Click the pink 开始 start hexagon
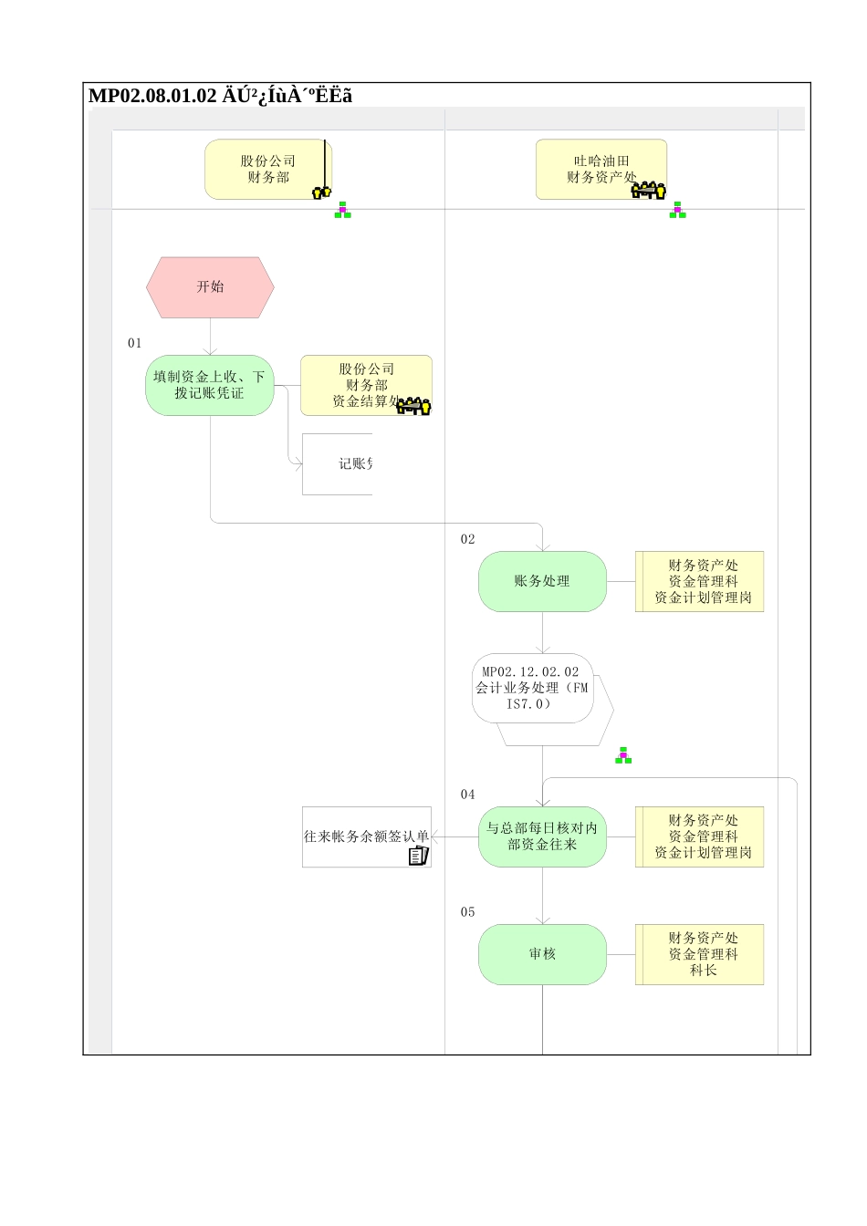[210, 287]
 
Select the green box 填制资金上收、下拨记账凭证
[210, 385]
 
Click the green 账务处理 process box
[542, 581]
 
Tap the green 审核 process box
[542, 954]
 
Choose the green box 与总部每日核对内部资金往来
[542, 836]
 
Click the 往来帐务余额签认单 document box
[366, 836]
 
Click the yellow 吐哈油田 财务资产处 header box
[601, 169]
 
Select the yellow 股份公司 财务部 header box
[267, 169]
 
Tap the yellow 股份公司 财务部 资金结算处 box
[366, 385]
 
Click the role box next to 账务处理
[700, 581]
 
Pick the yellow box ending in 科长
[700, 954]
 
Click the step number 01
[135, 343]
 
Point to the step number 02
[468, 539]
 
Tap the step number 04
[468, 795]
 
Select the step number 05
[468, 912]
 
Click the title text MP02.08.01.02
[152, 96]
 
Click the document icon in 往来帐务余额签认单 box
[418, 856]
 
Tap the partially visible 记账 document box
[338, 464]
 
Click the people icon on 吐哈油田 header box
[649, 191]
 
